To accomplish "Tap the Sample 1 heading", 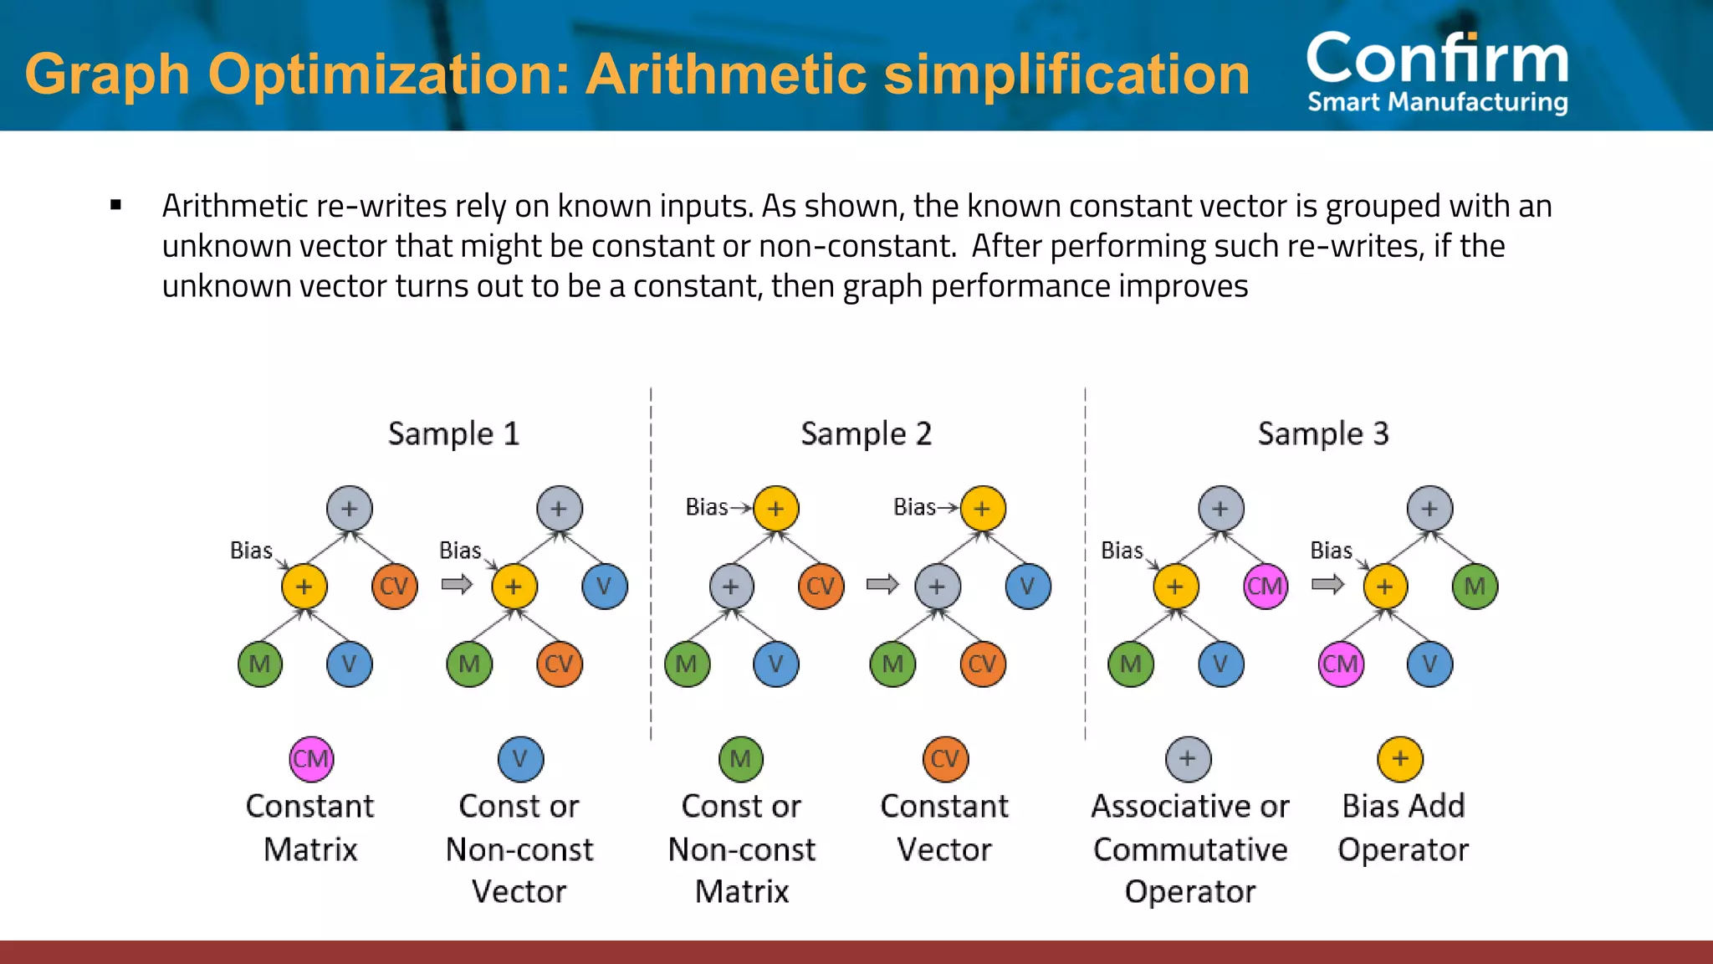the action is (x=453, y=433).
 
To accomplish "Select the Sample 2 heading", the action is (x=866, y=433).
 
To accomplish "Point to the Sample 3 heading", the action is (x=1322, y=433).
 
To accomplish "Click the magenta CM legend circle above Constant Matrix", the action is (x=311, y=759).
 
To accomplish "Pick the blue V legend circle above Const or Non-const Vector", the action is (x=520, y=759).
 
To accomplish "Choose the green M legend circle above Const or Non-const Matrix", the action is (x=741, y=759).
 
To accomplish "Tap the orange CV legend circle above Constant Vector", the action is (x=945, y=759).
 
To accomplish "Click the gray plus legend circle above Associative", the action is (x=1188, y=759).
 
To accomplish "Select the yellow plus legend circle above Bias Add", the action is (x=1400, y=759).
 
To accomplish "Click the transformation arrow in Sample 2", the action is (x=882, y=584).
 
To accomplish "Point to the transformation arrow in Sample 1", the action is (x=457, y=584).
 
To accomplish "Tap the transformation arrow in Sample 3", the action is (x=1327, y=584).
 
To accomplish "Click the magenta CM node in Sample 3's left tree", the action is (x=1265, y=587).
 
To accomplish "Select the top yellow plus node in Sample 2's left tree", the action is (x=776, y=509).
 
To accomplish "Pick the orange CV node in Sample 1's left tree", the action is (x=394, y=587).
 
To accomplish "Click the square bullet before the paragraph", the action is (x=116, y=205).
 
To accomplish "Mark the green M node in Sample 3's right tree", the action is (x=1475, y=587).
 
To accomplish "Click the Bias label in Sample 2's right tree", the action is (x=914, y=507).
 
